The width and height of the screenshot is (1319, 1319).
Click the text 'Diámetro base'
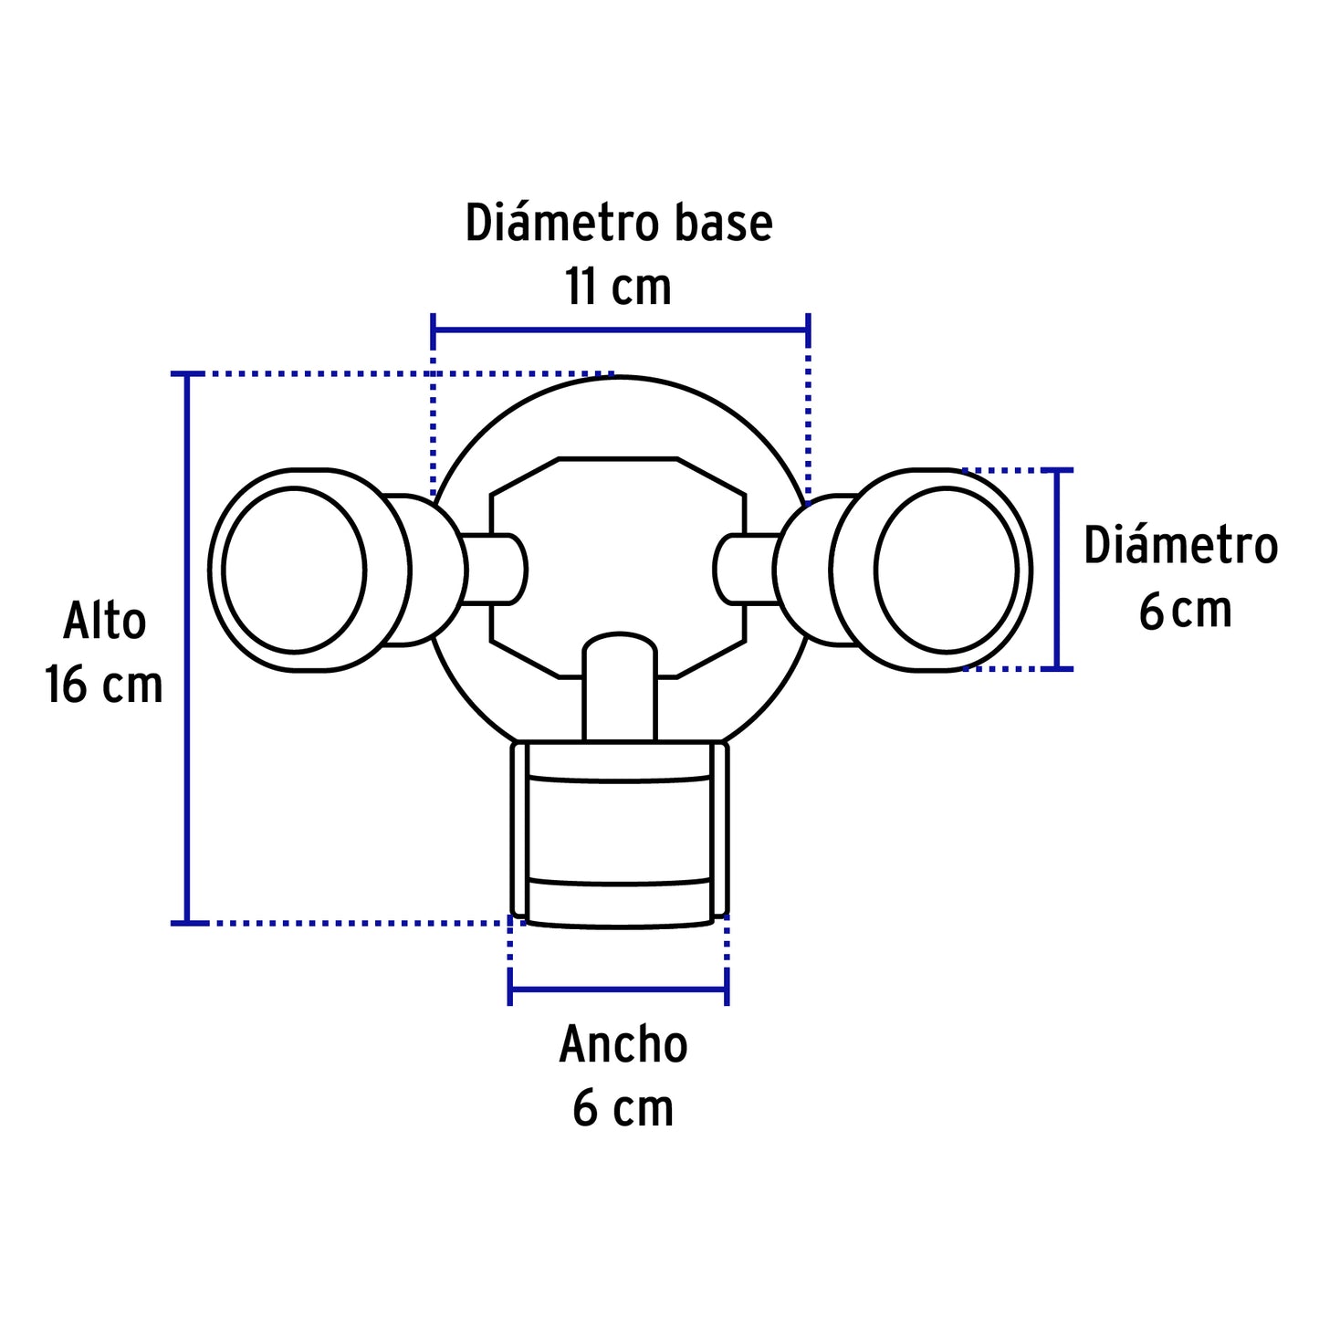coord(619,224)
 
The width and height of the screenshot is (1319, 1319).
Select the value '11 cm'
coord(618,288)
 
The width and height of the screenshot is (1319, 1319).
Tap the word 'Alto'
coord(104,622)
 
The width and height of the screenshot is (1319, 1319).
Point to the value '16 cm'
coord(104,686)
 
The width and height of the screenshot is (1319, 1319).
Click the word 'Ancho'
coord(623,1045)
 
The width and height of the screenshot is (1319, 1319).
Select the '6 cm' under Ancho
coord(623,1109)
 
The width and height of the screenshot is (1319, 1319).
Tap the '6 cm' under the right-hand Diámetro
coord(1185,611)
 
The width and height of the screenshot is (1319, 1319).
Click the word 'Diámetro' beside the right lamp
coord(1181,547)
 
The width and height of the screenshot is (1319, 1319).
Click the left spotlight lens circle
coord(294,571)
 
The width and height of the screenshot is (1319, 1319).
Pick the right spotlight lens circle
coord(946,571)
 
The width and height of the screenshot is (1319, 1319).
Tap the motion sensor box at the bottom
coord(620,835)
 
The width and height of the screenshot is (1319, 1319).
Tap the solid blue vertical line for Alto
coord(188,648)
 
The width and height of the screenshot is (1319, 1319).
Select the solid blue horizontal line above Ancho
coord(618,989)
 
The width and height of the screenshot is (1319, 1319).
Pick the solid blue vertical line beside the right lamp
coord(1057,570)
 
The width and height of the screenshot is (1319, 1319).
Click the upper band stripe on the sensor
coord(620,779)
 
